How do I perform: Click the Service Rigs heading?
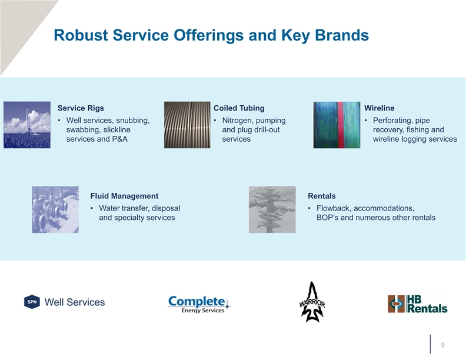[x=81, y=108]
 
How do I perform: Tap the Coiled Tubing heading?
[x=239, y=108]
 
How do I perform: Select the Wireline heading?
[x=380, y=108]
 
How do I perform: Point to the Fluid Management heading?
[x=124, y=196]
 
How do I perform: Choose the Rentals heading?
[x=322, y=196]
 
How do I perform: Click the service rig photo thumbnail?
[x=27, y=125]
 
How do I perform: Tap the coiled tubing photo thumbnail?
[x=187, y=125]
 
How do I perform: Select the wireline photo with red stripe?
[x=337, y=125]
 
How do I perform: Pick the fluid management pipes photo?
[x=55, y=209]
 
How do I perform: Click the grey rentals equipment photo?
[x=272, y=209]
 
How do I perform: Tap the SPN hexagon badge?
[x=32, y=302]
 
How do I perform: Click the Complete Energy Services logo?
[x=199, y=304]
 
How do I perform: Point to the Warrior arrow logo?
[x=312, y=302]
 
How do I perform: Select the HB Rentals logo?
[x=418, y=304]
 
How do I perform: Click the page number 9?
[x=443, y=345]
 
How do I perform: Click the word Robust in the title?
[x=81, y=35]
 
